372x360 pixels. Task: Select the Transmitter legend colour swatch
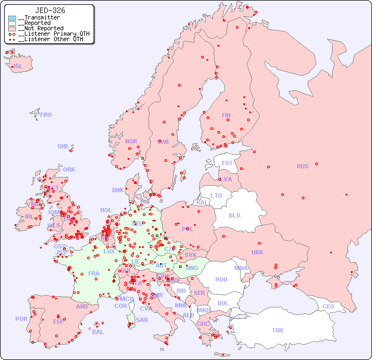pyautogui.click(x=12, y=18)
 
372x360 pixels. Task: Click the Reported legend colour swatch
pyautogui.click(x=12, y=23)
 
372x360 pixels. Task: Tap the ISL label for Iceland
pyautogui.click(x=18, y=67)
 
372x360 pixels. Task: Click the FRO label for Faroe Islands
pyautogui.click(x=46, y=115)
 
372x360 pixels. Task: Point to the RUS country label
pyautogui.click(x=302, y=166)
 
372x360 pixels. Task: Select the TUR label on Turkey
pyautogui.click(x=277, y=330)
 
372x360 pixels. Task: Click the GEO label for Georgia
pyautogui.click(x=328, y=306)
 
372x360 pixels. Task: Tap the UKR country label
pyautogui.click(x=257, y=252)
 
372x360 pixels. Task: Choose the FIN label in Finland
pyautogui.click(x=226, y=115)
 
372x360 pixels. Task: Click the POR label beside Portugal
pyautogui.click(x=21, y=319)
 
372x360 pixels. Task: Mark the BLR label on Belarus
pyautogui.click(x=234, y=215)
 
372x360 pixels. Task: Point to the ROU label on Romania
pyautogui.click(x=221, y=279)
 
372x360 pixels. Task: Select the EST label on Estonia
pyautogui.click(x=227, y=163)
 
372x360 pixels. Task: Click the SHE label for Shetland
pyautogui.click(x=63, y=146)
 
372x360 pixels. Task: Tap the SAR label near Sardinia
pyautogui.click(x=142, y=320)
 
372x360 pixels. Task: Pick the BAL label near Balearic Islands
pyautogui.click(x=98, y=332)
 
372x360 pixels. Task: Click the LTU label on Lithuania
pyautogui.click(x=216, y=195)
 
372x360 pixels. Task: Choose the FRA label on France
pyautogui.click(x=94, y=273)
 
